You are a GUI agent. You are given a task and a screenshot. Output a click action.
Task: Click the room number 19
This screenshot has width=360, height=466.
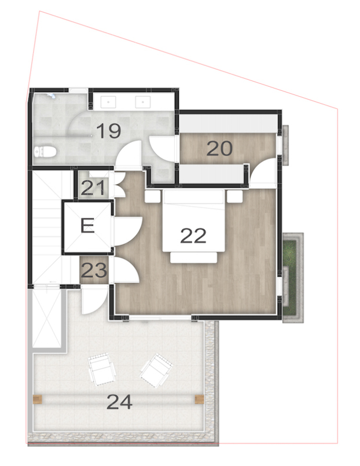(108, 131)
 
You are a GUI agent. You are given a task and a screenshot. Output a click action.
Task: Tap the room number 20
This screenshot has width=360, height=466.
(219, 149)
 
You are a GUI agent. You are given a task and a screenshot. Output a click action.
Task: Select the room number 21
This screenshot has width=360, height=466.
(93, 188)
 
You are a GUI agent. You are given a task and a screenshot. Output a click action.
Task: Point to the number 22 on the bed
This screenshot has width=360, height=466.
(193, 235)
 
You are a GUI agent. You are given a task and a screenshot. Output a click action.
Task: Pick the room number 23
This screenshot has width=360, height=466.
(93, 270)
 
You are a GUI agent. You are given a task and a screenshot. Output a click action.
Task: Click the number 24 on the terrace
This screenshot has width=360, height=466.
(119, 401)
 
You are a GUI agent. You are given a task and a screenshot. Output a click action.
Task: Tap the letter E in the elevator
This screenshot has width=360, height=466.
(87, 225)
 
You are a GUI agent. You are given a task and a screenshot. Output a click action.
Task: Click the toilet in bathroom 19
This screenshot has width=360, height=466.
(46, 152)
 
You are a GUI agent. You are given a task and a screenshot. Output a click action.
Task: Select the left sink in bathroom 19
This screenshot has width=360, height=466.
(108, 102)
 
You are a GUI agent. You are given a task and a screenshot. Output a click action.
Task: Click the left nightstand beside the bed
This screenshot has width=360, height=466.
(152, 196)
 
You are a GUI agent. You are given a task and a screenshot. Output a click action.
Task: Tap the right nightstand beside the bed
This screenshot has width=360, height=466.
(234, 196)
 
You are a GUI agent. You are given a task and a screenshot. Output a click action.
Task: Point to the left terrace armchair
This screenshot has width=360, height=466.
(102, 370)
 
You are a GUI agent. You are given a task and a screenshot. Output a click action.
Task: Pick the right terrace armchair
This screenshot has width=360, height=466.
(156, 370)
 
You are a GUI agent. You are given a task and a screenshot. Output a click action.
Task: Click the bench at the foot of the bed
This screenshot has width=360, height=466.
(193, 256)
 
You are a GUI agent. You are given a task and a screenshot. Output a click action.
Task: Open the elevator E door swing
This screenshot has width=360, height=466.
(124, 230)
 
